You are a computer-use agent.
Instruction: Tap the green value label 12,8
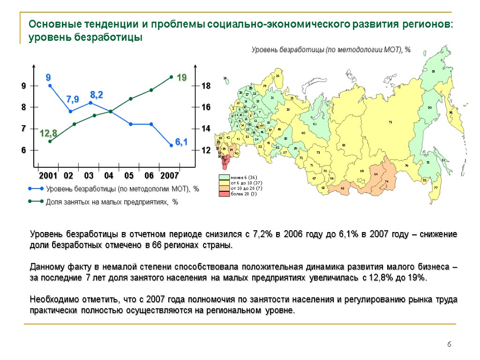tap(48, 134)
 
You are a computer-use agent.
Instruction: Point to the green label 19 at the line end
tap(181, 78)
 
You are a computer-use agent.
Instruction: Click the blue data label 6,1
tap(181, 142)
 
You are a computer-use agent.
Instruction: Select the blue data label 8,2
tap(97, 95)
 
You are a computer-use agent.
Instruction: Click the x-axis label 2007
tap(169, 176)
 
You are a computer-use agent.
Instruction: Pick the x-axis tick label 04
tap(109, 176)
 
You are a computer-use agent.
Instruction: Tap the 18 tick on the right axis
tap(206, 86)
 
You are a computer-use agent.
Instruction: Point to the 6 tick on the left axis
tap(23, 150)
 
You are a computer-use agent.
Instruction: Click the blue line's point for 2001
tap(50, 85)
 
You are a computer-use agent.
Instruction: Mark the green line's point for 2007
tap(172, 77)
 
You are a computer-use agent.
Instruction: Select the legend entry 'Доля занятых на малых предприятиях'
tap(112, 202)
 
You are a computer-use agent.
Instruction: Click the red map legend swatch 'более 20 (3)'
tap(225, 194)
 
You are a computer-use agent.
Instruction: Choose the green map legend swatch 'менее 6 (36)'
tap(225, 177)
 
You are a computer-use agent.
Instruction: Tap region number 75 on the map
tap(390, 122)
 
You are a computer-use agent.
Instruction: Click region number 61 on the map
tap(315, 124)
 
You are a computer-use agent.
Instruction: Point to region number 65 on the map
tap(343, 188)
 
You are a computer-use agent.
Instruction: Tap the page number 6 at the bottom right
tap(449, 345)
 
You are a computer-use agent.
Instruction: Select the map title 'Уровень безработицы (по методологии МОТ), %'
tap(331, 50)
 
